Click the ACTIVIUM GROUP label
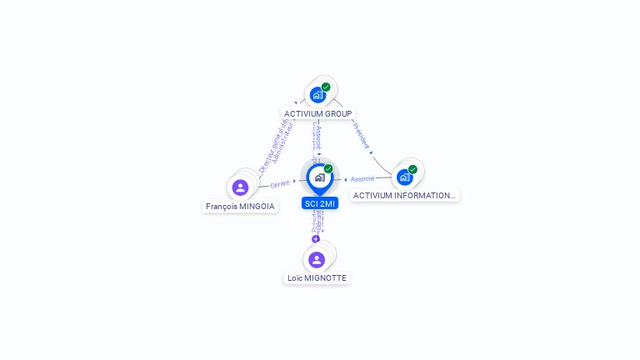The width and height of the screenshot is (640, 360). point(318,113)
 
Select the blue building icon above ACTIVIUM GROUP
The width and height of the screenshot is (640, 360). point(317,95)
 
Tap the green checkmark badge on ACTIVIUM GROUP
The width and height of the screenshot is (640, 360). point(326,87)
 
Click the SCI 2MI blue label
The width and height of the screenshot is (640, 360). point(320,203)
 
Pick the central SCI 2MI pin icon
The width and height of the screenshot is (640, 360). point(319,177)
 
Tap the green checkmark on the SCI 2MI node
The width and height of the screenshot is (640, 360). point(328,168)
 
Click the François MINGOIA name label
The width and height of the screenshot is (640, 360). point(240,206)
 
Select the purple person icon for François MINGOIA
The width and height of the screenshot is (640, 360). point(240,187)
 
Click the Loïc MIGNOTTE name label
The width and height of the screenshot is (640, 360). point(317,278)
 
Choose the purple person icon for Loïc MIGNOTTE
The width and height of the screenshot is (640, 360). point(317,259)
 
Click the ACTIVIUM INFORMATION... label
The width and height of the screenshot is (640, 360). point(404,196)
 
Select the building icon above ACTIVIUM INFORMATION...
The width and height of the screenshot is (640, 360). point(404,177)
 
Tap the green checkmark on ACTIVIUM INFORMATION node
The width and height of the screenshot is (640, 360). point(412,169)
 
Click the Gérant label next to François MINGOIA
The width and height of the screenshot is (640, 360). point(280,183)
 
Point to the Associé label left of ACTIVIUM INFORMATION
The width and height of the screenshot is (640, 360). point(362,179)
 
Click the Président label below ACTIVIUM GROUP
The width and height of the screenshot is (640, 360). point(362,136)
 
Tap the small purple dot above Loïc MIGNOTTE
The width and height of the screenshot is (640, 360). point(316,239)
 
